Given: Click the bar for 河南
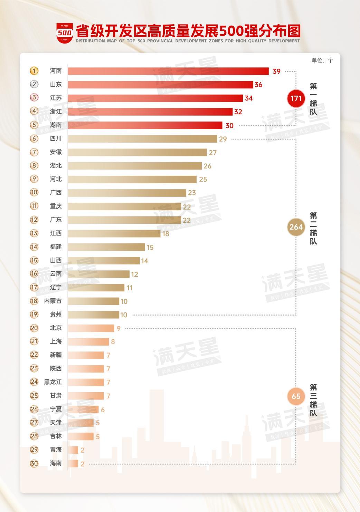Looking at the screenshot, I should [x=168, y=71].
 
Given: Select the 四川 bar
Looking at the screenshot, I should [x=142, y=139].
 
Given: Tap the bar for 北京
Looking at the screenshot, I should [x=91, y=328].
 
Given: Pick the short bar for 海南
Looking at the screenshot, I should [x=73, y=464].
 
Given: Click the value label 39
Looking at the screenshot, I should [x=276, y=71].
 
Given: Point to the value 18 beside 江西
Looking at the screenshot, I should [x=165, y=234].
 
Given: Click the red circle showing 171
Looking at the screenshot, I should [x=296, y=98].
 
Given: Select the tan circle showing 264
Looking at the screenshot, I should [x=296, y=227].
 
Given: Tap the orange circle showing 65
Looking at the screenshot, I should [x=296, y=396].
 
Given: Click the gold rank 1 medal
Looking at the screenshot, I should [x=34, y=71].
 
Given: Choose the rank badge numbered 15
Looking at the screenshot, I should [x=34, y=260].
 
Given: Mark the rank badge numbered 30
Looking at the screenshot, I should [x=34, y=463].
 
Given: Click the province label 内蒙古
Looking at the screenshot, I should [x=53, y=301].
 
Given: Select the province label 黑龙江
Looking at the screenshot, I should [x=53, y=382].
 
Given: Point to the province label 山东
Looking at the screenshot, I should [x=56, y=85].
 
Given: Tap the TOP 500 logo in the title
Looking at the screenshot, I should [x=65, y=33].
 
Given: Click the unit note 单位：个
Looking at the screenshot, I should [x=322, y=60].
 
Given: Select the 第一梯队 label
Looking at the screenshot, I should [x=313, y=99].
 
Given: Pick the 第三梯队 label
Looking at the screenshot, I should [x=313, y=400].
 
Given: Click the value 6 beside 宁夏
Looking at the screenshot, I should [x=103, y=410].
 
